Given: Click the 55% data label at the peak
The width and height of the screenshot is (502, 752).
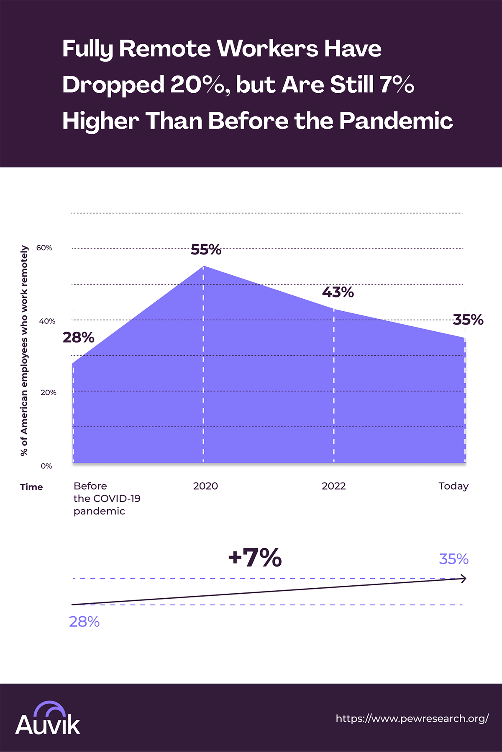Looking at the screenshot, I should (x=206, y=250).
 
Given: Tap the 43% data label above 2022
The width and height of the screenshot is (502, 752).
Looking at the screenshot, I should (x=338, y=292).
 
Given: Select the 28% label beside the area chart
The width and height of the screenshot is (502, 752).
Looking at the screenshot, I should (x=78, y=338).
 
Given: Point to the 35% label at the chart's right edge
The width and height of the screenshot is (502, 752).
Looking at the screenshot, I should (x=468, y=320).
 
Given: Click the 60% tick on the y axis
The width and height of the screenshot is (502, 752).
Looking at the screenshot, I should (x=44, y=248).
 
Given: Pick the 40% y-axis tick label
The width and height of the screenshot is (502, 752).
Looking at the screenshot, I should (x=47, y=321).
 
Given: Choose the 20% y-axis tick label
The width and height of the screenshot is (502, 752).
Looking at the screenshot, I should (x=49, y=393).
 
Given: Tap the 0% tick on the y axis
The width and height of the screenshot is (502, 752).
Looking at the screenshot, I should (x=46, y=466).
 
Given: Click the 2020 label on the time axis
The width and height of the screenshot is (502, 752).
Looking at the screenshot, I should (x=205, y=486).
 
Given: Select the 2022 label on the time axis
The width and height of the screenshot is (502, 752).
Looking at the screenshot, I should (x=334, y=486).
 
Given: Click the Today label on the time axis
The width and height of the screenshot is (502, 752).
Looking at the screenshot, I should (x=453, y=486).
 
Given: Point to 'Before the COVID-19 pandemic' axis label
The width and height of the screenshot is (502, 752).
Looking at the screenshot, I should (x=107, y=498).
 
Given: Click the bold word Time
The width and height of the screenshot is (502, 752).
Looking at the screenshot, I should (x=31, y=487).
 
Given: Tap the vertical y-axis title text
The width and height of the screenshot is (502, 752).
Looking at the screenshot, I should (x=24, y=350).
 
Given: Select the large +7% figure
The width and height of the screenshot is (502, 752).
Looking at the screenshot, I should (x=255, y=557).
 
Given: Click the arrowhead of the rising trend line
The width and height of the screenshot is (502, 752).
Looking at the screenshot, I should (x=463, y=579).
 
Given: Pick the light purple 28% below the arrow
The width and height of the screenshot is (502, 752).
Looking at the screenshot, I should (x=84, y=622).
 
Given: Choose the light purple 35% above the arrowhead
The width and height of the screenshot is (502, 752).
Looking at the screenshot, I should (x=453, y=559).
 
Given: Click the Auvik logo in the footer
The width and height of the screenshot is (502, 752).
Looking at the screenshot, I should (x=48, y=719).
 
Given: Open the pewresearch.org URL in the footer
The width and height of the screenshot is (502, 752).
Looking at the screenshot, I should (x=412, y=719).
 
